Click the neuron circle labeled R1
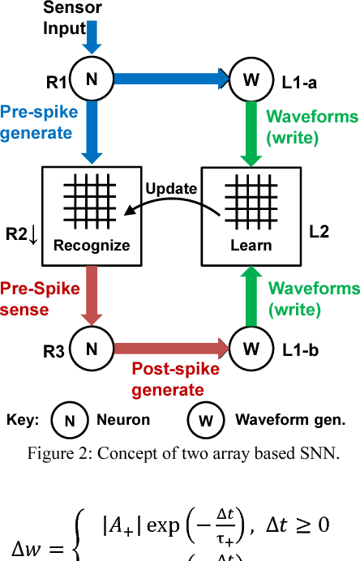coord(92,79)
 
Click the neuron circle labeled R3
coord(92,349)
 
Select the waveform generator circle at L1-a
coord(251,79)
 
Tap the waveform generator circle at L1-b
coord(251,349)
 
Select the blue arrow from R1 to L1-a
coord(171,79)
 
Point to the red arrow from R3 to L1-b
coord(171,349)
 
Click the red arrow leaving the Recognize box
coord(92,294)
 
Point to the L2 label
coord(319,232)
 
